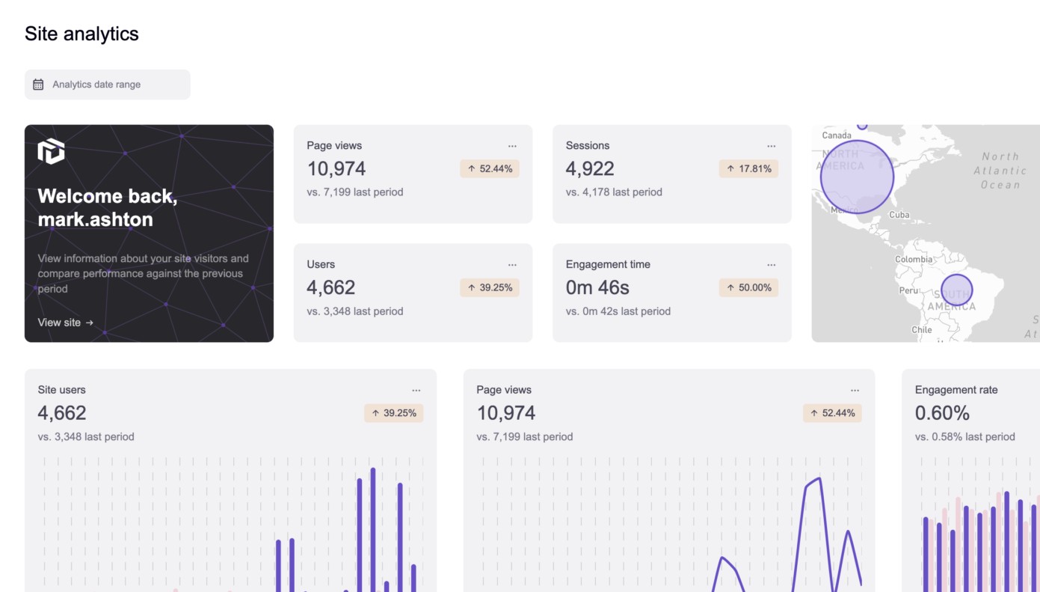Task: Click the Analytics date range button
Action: point(107,85)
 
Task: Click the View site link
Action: point(66,323)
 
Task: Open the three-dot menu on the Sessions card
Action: point(771,146)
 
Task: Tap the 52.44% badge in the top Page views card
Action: point(490,169)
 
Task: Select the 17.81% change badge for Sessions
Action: point(748,169)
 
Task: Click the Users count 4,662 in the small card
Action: point(330,287)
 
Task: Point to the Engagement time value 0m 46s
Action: point(597,287)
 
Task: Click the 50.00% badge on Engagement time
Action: point(748,287)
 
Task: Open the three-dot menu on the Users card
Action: point(512,265)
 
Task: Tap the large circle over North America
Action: point(857,177)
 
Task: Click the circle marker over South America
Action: point(956,290)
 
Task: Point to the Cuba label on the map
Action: point(899,215)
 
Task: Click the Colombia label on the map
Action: point(914,260)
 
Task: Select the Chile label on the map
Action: point(921,330)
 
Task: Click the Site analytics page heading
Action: point(81,34)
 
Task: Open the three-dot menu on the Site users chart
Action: point(416,390)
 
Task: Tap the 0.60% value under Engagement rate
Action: point(942,413)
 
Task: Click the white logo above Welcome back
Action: point(51,151)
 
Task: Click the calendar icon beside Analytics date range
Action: point(38,85)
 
